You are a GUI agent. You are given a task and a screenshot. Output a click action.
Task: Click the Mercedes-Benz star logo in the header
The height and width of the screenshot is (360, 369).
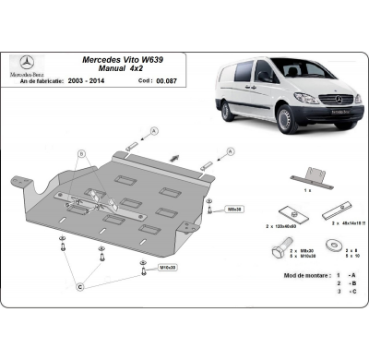(25, 65)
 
